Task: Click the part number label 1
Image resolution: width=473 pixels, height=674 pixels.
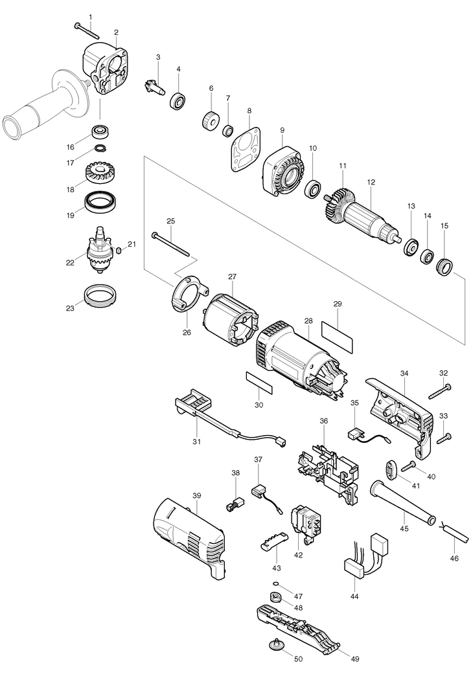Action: (90, 17)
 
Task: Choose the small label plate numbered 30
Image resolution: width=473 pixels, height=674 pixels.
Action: (259, 382)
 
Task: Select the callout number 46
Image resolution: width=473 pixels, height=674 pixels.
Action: (454, 558)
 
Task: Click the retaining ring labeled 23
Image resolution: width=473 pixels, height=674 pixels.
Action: (100, 295)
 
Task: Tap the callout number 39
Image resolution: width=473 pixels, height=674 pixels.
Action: (196, 495)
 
